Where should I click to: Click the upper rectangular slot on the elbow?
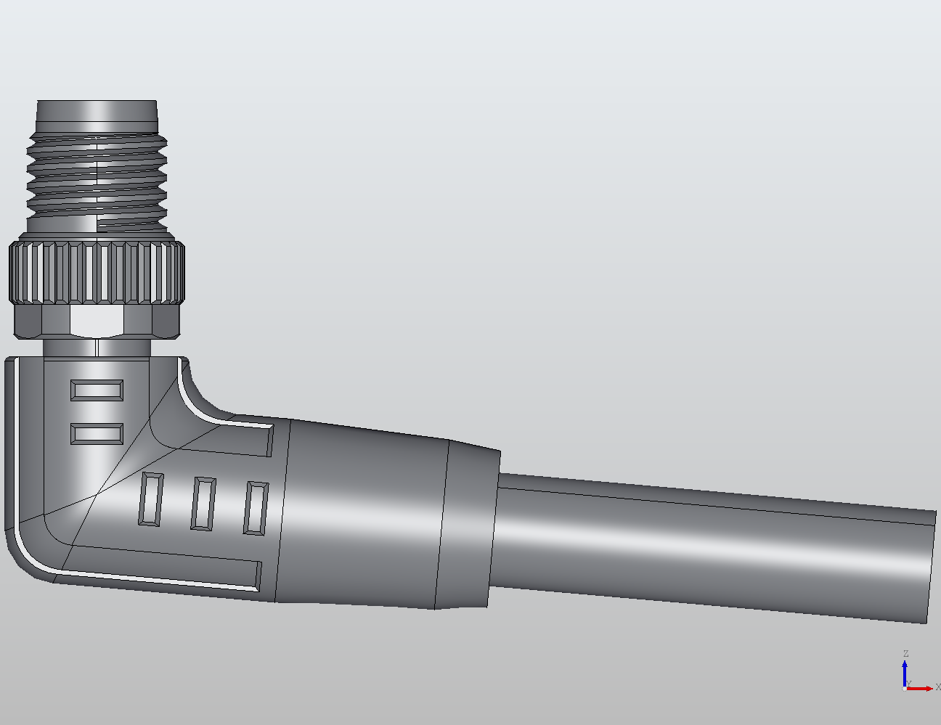click(x=97, y=390)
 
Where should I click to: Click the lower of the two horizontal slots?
click(x=97, y=435)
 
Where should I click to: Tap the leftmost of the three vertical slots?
click(x=150, y=499)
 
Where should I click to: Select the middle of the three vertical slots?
click(x=203, y=503)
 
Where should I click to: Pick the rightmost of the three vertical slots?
click(x=256, y=508)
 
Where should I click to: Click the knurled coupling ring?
click(x=97, y=273)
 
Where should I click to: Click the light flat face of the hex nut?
click(x=97, y=321)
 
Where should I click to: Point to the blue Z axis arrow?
click(x=905, y=671)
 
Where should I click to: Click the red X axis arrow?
click(x=922, y=688)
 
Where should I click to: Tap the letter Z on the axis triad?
click(x=905, y=654)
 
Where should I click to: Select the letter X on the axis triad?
click(x=937, y=687)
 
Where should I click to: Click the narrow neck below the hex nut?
click(x=97, y=348)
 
